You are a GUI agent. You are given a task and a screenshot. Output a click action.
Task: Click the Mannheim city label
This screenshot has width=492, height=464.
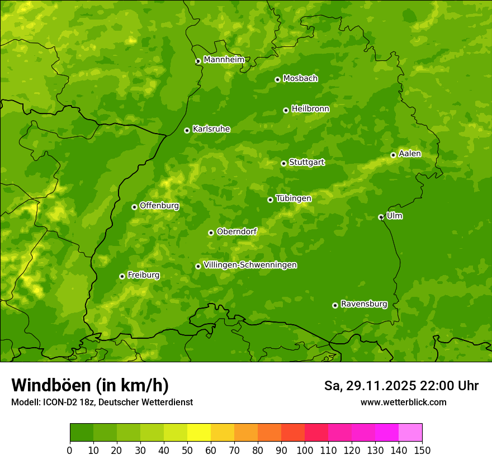(x=224, y=60)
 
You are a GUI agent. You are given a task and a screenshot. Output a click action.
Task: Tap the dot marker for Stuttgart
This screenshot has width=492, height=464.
(x=283, y=163)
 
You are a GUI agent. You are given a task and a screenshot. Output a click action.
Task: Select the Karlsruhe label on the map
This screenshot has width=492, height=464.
(x=211, y=129)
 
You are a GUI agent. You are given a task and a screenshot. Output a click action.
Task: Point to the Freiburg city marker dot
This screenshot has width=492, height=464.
(x=122, y=276)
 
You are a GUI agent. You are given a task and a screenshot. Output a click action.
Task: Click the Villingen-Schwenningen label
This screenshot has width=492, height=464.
(x=250, y=265)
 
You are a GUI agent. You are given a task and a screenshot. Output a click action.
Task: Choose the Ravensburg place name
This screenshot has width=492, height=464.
(x=363, y=304)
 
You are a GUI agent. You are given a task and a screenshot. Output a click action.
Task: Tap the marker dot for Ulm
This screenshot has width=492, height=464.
(x=381, y=217)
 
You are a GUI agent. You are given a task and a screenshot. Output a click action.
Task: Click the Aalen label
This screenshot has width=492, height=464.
(x=410, y=154)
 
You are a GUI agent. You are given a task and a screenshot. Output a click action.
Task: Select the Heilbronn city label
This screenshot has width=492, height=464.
(x=310, y=109)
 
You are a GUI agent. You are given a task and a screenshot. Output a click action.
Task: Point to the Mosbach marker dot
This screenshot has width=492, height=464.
(x=277, y=79)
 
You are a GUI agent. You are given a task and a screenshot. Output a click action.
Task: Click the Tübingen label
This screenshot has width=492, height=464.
(x=293, y=198)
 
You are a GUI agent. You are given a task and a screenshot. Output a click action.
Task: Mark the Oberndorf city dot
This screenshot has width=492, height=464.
(x=211, y=233)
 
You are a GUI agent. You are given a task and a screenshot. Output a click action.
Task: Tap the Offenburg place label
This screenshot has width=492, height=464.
(x=159, y=206)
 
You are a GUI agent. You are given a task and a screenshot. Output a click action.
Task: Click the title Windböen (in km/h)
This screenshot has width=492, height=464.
(x=89, y=386)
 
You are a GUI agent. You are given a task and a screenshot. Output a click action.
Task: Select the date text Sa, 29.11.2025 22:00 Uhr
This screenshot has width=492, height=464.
(x=401, y=386)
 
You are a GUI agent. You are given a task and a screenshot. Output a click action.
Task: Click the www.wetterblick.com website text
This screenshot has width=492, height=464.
(x=403, y=402)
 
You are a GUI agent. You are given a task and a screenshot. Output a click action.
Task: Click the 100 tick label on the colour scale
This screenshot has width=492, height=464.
(x=305, y=450)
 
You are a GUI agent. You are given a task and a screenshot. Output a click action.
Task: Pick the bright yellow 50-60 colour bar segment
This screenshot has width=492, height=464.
(x=199, y=433)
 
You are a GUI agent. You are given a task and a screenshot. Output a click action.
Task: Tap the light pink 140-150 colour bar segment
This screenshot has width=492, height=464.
(x=410, y=433)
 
